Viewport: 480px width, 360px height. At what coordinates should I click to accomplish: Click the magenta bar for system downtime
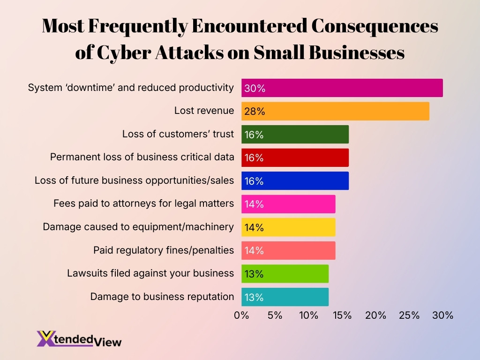click(x=342, y=88)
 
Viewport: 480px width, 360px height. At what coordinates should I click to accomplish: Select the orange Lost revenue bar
click(x=335, y=111)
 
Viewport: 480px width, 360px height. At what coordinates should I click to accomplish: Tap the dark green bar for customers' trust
click(x=295, y=135)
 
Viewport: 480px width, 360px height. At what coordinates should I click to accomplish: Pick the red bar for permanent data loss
click(x=295, y=157)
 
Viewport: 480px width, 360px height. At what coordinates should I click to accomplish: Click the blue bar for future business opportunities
click(x=295, y=181)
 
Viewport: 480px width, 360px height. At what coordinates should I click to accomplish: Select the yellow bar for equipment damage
click(x=288, y=227)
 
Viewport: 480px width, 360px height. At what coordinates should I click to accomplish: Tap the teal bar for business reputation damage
click(x=285, y=297)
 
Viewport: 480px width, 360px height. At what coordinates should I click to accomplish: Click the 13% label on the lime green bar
click(x=254, y=274)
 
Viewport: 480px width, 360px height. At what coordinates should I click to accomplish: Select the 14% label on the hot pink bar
click(x=254, y=204)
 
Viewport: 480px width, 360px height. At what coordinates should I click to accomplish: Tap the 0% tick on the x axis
click(x=241, y=315)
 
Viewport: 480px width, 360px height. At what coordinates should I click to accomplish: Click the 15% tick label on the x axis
click(x=342, y=315)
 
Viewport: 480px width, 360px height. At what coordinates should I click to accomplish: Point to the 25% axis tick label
click(x=409, y=315)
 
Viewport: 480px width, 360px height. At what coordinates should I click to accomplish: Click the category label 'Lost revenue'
click(x=204, y=111)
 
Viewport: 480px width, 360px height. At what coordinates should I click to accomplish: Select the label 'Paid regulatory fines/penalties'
click(x=164, y=250)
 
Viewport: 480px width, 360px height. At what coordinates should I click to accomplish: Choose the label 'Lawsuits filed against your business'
click(x=150, y=273)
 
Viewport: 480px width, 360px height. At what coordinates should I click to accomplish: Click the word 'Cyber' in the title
click(x=125, y=53)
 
